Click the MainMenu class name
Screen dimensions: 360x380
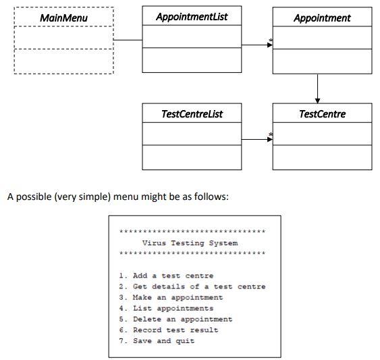[x=63, y=18]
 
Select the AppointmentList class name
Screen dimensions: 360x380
[x=192, y=17]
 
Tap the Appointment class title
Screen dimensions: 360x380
[x=322, y=18]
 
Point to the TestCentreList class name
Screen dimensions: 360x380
[x=192, y=113]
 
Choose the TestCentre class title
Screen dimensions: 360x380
[x=322, y=113]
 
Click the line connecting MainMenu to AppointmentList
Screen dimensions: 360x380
[x=128, y=41]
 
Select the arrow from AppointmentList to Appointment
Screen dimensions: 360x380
[x=256, y=46]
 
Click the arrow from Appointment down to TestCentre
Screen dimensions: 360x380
[x=317, y=88]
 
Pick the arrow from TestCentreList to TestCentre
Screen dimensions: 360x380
[x=256, y=140]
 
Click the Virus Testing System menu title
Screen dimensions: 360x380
[x=190, y=243]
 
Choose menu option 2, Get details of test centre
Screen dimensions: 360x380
[x=192, y=286]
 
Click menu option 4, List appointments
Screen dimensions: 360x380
[x=166, y=308]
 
